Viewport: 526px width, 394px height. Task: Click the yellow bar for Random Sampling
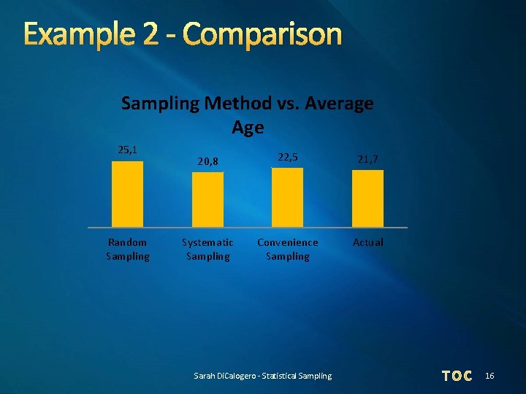click(127, 194)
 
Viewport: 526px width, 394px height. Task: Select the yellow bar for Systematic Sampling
click(207, 199)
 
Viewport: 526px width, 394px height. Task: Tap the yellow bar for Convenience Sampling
click(287, 198)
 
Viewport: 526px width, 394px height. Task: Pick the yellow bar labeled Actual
click(367, 198)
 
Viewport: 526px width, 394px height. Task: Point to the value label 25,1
click(127, 150)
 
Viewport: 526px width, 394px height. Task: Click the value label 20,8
click(207, 161)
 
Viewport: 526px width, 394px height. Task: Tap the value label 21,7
click(367, 158)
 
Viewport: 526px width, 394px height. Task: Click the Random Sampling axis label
click(127, 249)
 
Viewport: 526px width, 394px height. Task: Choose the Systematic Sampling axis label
click(207, 249)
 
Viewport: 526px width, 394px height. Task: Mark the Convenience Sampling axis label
click(287, 249)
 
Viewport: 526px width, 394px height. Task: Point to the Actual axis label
click(367, 242)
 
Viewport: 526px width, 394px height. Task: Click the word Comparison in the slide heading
click(262, 34)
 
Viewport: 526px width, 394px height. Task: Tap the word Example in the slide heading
click(74, 34)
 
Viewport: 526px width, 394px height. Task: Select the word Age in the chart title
click(247, 128)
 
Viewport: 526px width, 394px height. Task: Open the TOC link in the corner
click(457, 376)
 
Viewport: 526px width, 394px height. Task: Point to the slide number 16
click(489, 376)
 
